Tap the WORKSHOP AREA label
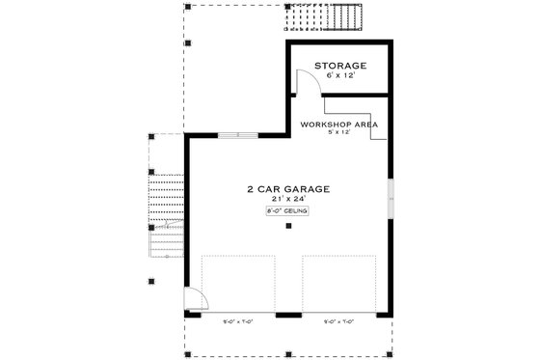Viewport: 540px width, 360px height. (338, 125)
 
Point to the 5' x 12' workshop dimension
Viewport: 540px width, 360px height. (338, 134)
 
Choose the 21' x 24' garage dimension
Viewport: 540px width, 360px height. (286, 199)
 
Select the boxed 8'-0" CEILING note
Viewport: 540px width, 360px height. (286, 210)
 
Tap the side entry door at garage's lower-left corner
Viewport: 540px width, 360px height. (193, 301)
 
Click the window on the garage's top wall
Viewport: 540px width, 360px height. (237, 135)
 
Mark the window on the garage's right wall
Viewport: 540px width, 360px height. (390, 199)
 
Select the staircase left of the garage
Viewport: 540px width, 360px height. (167, 212)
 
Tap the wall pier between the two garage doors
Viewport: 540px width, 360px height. (288, 315)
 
